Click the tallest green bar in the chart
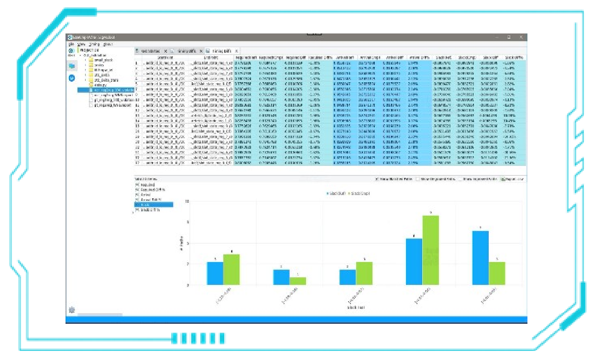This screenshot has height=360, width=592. (x=431, y=250)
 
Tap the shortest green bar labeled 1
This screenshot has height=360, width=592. (x=298, y=281)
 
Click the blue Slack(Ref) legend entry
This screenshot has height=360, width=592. (x=338, y=194)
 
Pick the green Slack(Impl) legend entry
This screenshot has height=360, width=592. (x=359, y=194)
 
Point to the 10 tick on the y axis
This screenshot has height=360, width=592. (x=187, y=201)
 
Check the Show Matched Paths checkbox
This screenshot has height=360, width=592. (x=377, y=179)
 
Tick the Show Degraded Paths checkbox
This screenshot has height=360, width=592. (x=417, y=179)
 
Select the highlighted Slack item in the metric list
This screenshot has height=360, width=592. (x=153, y=205)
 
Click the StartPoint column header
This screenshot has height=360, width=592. (x=165, y=57)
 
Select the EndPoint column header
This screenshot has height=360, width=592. (x=210, y=57)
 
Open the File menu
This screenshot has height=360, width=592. (x=70, y=44)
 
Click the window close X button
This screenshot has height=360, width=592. (x=521, y=37)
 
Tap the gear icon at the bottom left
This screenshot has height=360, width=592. (x=72, y=310)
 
